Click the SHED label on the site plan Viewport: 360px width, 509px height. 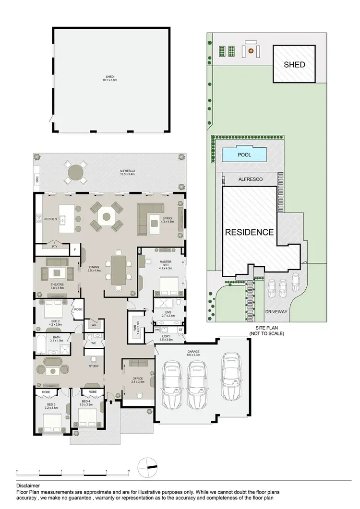(294, 64)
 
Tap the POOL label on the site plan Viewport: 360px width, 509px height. (244, 155)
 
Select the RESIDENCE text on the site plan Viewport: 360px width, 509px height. (250, 232)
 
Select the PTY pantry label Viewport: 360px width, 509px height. (55, 247)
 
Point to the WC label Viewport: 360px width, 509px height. (93, 343)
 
